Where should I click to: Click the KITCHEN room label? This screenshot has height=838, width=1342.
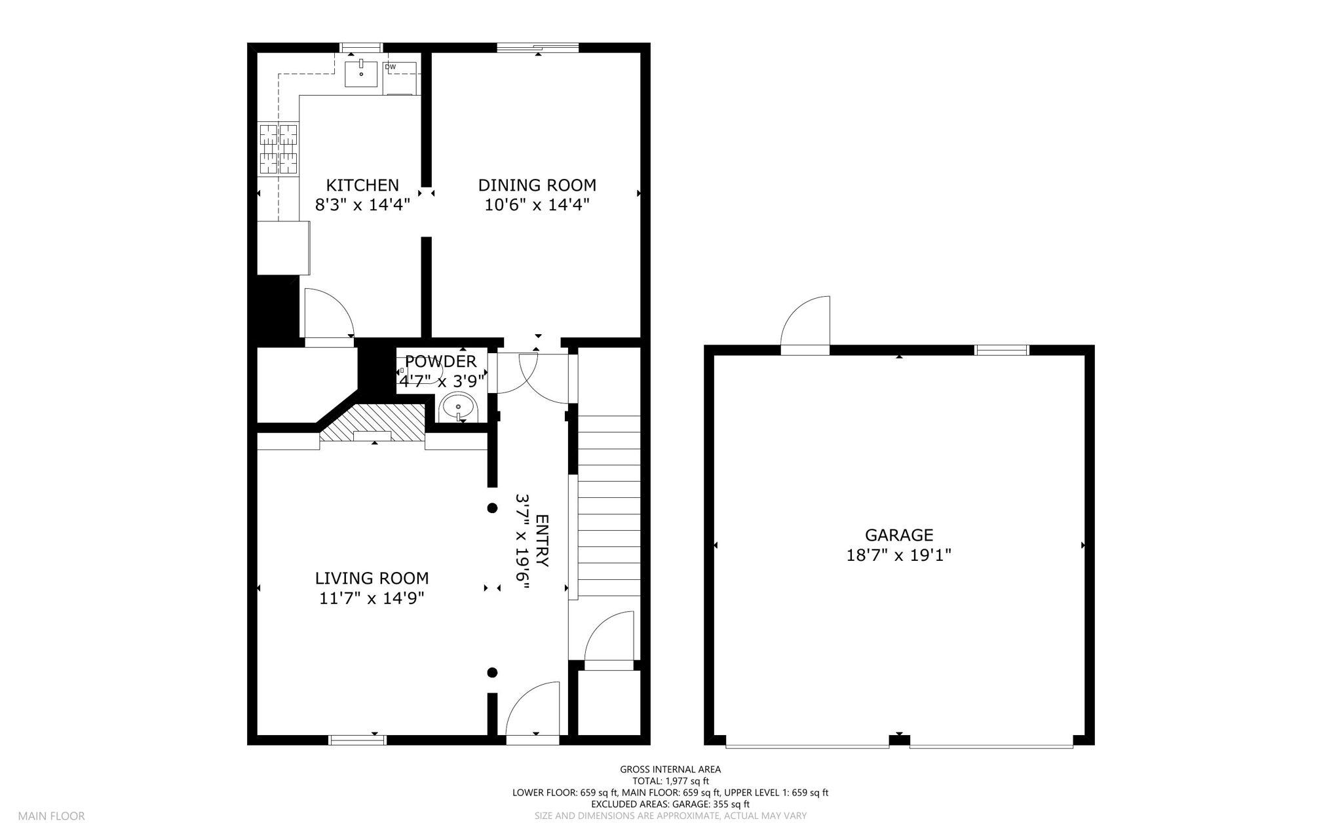[362, 185]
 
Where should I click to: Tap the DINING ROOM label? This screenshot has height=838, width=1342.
[537, 185]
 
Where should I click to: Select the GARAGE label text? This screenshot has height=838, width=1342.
[899, 535]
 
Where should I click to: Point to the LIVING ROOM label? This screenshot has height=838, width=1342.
[372, 579]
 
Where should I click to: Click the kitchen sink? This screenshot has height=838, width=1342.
[361, 73]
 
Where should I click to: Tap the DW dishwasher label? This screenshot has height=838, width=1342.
[391, 67]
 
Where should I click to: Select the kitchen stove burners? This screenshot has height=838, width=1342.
[278, 149]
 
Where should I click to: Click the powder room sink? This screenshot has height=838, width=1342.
[458, 408]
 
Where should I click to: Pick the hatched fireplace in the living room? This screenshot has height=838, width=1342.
[372, 423]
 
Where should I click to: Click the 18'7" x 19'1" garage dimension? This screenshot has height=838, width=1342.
[899, 556]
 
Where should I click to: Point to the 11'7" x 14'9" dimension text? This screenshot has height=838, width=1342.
[372, 598]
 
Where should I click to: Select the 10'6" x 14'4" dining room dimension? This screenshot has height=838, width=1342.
[537, 205]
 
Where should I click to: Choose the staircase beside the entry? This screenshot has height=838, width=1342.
[609, 506]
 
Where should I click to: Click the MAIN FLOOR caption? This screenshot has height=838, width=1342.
[51, 816]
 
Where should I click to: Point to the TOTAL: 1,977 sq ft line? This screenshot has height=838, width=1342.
[670, 781]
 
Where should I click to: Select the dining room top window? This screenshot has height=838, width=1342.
[537, 47]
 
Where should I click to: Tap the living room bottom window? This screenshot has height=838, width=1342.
[357, 740]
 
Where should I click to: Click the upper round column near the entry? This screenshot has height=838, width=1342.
[492, 508]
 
